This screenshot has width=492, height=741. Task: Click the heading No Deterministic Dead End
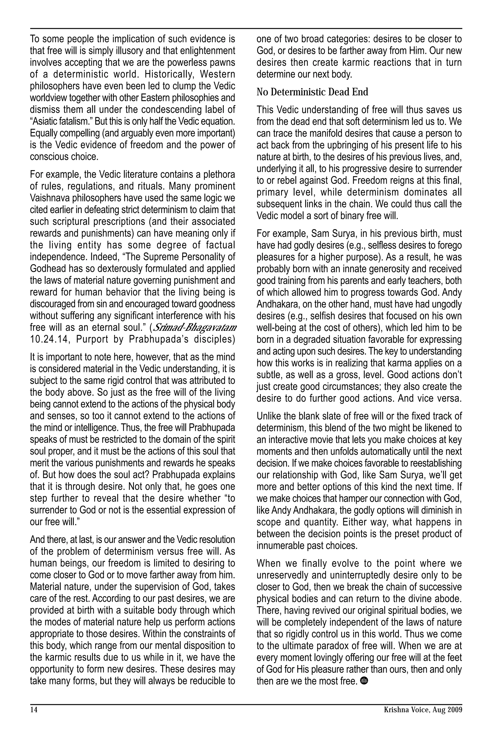(x=312, y=92)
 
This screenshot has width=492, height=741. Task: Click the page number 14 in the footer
(x=34, y=710)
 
